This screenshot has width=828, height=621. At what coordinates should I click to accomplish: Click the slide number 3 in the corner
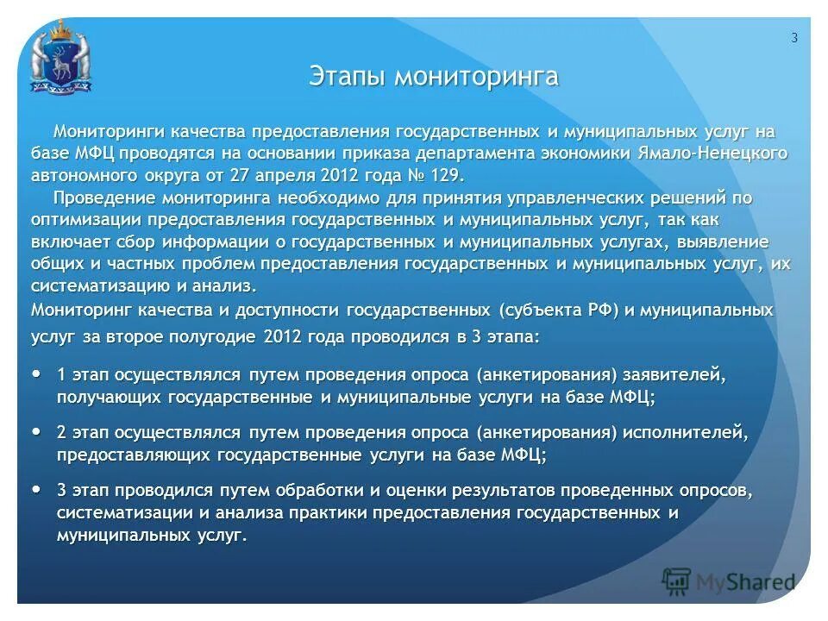tap(793, 37)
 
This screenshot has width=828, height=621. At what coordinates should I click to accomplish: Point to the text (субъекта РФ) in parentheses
tap(558, 310)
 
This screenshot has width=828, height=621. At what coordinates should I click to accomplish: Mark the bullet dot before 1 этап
tap(36, 375)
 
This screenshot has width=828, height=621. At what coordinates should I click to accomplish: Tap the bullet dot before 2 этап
tap(36, 430)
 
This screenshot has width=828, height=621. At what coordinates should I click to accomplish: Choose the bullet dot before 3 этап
tap(36, 489)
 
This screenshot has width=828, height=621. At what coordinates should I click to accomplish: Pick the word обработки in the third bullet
tap(310, 491)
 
